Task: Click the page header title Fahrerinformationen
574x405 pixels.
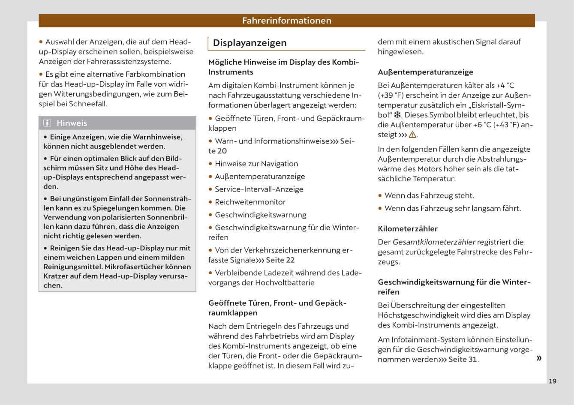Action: (286, 21)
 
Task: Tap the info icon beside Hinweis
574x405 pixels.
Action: (47, 123)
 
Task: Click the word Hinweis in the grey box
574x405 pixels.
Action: (72, 123)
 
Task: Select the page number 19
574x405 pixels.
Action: (553, 381)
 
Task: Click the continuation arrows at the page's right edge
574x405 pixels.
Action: (539, 358)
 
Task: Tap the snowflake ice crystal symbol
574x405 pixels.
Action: (397, 115)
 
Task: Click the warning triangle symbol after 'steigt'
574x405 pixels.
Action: (412, 135)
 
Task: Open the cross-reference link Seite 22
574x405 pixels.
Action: (280, 260)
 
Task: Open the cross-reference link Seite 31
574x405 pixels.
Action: (463, 360)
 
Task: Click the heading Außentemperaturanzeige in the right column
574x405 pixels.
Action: (425, 72)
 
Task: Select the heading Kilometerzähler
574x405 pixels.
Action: (408, 229)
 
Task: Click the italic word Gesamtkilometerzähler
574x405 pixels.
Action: (434, 242)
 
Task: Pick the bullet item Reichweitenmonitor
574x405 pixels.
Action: (250, 202)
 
